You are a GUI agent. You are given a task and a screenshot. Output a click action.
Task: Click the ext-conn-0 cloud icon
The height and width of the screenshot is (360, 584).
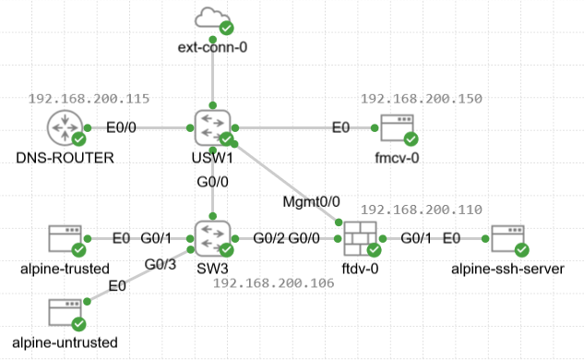tap(212, 18)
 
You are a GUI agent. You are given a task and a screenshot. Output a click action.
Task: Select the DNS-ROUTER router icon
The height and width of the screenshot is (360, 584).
tap(66, 127)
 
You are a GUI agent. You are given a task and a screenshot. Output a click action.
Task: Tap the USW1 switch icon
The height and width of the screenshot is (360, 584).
tap(213, 127)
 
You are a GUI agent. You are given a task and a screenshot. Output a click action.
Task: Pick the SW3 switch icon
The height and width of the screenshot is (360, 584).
tap(213, 238)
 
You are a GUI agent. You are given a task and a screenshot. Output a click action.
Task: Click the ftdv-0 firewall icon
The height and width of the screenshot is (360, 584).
tap(360, 238)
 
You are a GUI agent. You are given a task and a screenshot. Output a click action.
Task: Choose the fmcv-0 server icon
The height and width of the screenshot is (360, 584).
tap(398, 127)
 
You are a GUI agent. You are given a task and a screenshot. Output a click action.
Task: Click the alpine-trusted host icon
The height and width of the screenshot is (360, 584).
tap(66, 238)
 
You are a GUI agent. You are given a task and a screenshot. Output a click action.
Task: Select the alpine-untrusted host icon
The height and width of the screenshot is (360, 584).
tap(66, 312)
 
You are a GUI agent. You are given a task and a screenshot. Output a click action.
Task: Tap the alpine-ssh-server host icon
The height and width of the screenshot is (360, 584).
tap(508, 238)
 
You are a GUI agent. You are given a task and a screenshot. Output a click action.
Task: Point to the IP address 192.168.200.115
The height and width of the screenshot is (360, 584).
tap(89, 99)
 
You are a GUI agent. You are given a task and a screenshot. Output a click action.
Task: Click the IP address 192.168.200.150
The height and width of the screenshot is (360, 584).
tap(422, 99)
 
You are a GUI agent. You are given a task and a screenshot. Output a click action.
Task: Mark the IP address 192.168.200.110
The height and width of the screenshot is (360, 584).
tap(422, 210)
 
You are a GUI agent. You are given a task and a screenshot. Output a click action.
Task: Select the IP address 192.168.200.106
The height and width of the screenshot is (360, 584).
tap(274, 283)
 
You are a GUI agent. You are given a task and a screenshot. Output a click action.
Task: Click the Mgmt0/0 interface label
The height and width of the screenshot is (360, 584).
tap(311, 201)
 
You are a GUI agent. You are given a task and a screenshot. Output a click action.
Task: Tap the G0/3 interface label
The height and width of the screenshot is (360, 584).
tap(161, 264)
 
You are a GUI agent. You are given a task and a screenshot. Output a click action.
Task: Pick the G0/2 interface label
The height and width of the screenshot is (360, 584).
tap(268, 238)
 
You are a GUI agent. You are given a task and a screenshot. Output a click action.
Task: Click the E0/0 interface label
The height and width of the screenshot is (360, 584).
tap(121, 127)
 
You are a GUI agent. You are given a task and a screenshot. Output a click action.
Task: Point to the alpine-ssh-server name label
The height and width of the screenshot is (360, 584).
tap(508, 269)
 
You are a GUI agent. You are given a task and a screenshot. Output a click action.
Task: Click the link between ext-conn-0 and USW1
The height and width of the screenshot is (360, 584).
tap(213, 73)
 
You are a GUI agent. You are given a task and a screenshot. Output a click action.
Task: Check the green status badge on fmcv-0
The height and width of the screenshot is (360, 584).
tap(411, 139)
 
